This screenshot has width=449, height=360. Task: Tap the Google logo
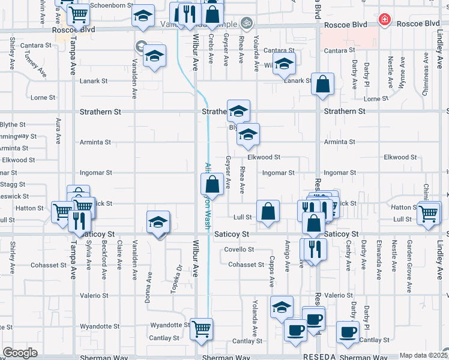click(20, 353)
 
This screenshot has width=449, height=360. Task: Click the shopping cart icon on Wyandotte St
click(201, 328)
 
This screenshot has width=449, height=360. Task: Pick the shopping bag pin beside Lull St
click(268, 211)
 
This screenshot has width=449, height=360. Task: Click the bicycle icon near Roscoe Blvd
click(245, 23)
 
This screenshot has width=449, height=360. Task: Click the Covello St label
click(240, 249)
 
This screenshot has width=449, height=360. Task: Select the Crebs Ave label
click(211, 49)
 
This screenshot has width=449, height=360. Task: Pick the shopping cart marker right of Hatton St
click(429, 214)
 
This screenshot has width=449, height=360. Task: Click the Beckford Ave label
click(104, 259)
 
